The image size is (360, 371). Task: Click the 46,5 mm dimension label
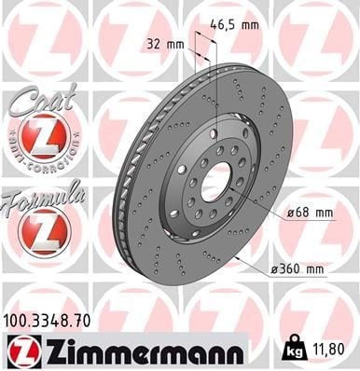click(234, 24)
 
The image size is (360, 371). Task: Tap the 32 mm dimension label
click(165, 45)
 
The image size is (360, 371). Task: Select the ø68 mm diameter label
click(310, 213)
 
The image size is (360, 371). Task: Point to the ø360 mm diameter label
click(298, 269)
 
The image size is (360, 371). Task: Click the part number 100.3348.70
click(47, 321)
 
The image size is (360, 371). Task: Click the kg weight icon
click(295, 349)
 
